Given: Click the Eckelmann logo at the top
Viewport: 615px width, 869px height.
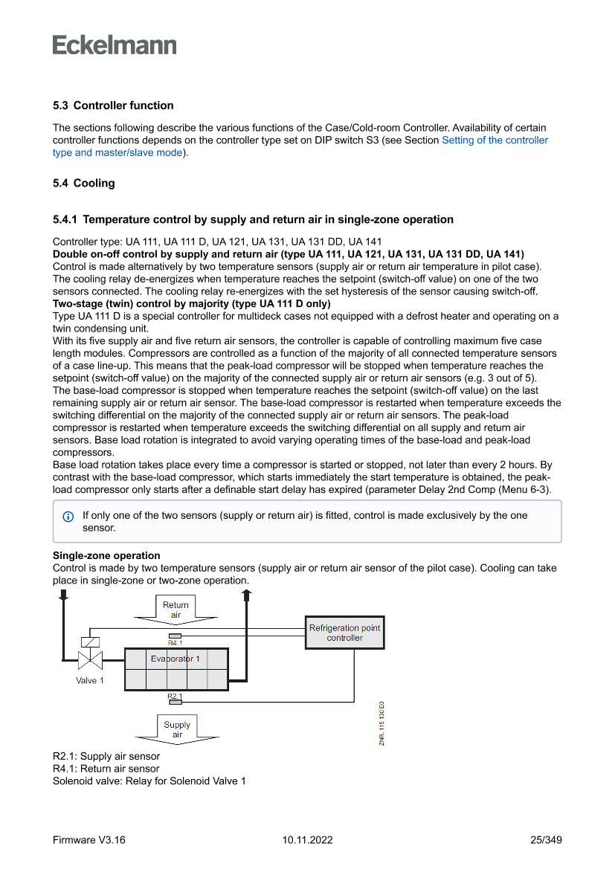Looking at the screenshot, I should pyautogui.click(x=115, y=45).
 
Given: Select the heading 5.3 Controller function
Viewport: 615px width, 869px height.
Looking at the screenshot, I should pyautogui.click(x=113, y=106).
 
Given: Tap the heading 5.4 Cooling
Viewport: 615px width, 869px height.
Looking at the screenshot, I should pyautogui.click(x=84, y=183).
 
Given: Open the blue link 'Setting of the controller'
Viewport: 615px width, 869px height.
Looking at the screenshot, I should pyautogui.click(x=495, y=140).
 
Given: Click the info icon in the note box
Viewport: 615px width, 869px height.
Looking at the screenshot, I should pyautogui.click(x=68, y=516).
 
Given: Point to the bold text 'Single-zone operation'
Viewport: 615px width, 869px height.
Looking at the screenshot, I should pyautogui.click(x=106, y=555).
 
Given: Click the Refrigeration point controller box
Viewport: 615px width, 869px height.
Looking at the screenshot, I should pyautogui.click(x=344, y=633).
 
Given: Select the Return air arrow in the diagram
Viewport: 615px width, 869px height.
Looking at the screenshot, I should pyautogui.click(x=176, y=610).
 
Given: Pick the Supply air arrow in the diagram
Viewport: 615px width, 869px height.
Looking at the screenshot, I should pyautogui.click(x=177, y=729).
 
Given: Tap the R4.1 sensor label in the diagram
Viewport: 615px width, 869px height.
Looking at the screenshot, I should pyautogui.click(x=176, y=643).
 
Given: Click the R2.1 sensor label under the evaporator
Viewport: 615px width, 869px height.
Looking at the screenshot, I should pyautogui.click(x=175, y=696).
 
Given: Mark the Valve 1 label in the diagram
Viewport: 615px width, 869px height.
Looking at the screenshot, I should pyautogui.click(x=90, y=680).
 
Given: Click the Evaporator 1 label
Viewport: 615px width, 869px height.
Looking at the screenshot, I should pyautogui.click(x=176, y=659).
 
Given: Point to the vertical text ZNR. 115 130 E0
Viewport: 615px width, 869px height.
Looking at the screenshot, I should pyautogui.click(x=381, y=723).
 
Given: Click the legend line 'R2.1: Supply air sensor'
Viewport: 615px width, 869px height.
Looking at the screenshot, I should pyautogui.click(x=106, y=756).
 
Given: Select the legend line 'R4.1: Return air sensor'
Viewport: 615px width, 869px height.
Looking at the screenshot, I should pyautogui.click(x=106, y=769).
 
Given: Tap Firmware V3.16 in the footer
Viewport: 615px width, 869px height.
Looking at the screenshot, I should pyautogui.click(x=89, y=840).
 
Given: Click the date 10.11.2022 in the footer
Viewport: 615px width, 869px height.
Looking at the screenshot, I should pyautogui.click(x=307, y=840).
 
